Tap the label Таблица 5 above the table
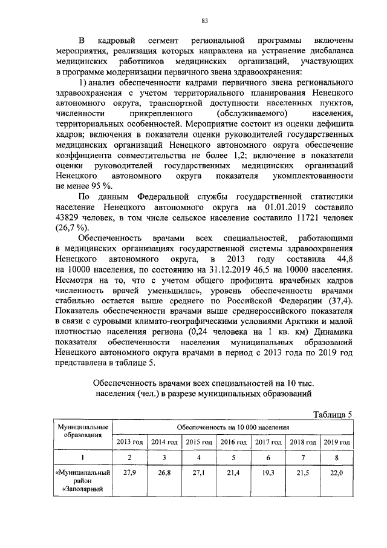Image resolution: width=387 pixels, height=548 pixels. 331,414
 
